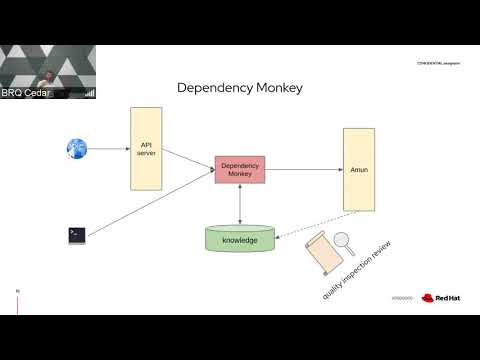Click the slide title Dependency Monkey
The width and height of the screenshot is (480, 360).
click(x=239, y=87)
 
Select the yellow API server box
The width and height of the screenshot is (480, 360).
click(x=146, y=149)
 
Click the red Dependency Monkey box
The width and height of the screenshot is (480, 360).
click(x=239, y=169)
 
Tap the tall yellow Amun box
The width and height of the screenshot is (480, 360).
click(x=358, y=169)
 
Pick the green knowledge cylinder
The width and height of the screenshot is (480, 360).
click(x=239, y=240)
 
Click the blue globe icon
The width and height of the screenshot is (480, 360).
click(x=77, y=149)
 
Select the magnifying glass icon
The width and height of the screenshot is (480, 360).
click(x=344, y=241)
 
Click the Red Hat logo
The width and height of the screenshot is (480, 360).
click(x=440, y=297)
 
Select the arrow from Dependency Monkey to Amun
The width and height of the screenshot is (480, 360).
click(x=303, y=169)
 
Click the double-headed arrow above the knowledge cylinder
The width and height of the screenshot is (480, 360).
click(x=239, y=204)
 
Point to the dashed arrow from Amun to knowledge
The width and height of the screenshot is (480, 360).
click(x=310, y=224)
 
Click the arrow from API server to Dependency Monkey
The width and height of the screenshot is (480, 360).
click(x=187, y=159)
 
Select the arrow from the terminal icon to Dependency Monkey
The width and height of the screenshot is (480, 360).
click(x=150, y=204)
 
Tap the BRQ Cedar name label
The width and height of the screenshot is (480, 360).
click(x=39, y=93)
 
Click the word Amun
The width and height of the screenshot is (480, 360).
click(x=358, y=170)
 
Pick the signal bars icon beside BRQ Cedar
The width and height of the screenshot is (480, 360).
click(x=90, y=93)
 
